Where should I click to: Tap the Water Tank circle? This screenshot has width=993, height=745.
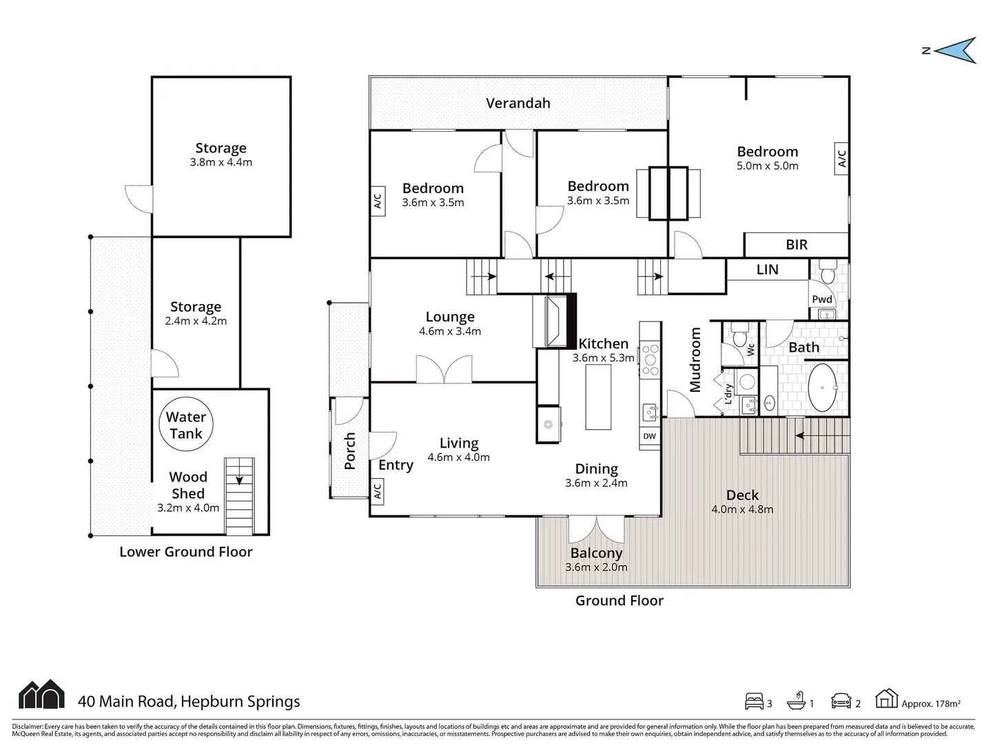(x=186, y=425)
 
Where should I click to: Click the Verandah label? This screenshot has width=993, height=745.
(x=518, y=103)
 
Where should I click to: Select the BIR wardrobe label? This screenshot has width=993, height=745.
(x=796, y=245)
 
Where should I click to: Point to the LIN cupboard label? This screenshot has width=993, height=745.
(x=767, y=270)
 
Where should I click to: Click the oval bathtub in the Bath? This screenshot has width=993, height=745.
(x=822, y=388)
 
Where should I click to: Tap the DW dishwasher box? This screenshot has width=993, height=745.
(x=649, y=437)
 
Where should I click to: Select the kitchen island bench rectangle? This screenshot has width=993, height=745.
(x=598, y=397)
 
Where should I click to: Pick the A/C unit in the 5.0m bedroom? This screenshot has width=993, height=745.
(x=841, y=159)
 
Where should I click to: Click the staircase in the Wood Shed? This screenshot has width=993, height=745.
(x=239, y=496)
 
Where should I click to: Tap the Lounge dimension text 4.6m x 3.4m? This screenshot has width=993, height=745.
(x=450, y=332)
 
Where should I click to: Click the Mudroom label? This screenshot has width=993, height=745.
(x=695, y=359)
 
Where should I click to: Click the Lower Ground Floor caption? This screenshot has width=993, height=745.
(x=186, y=552)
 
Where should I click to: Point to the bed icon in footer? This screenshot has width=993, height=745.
(x=754, y=701)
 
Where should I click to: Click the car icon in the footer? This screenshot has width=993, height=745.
(x=842, y=701)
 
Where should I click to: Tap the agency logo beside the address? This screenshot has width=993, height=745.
(x=41, y=695)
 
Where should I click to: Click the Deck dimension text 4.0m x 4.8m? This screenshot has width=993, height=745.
(x=742, y=510)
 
